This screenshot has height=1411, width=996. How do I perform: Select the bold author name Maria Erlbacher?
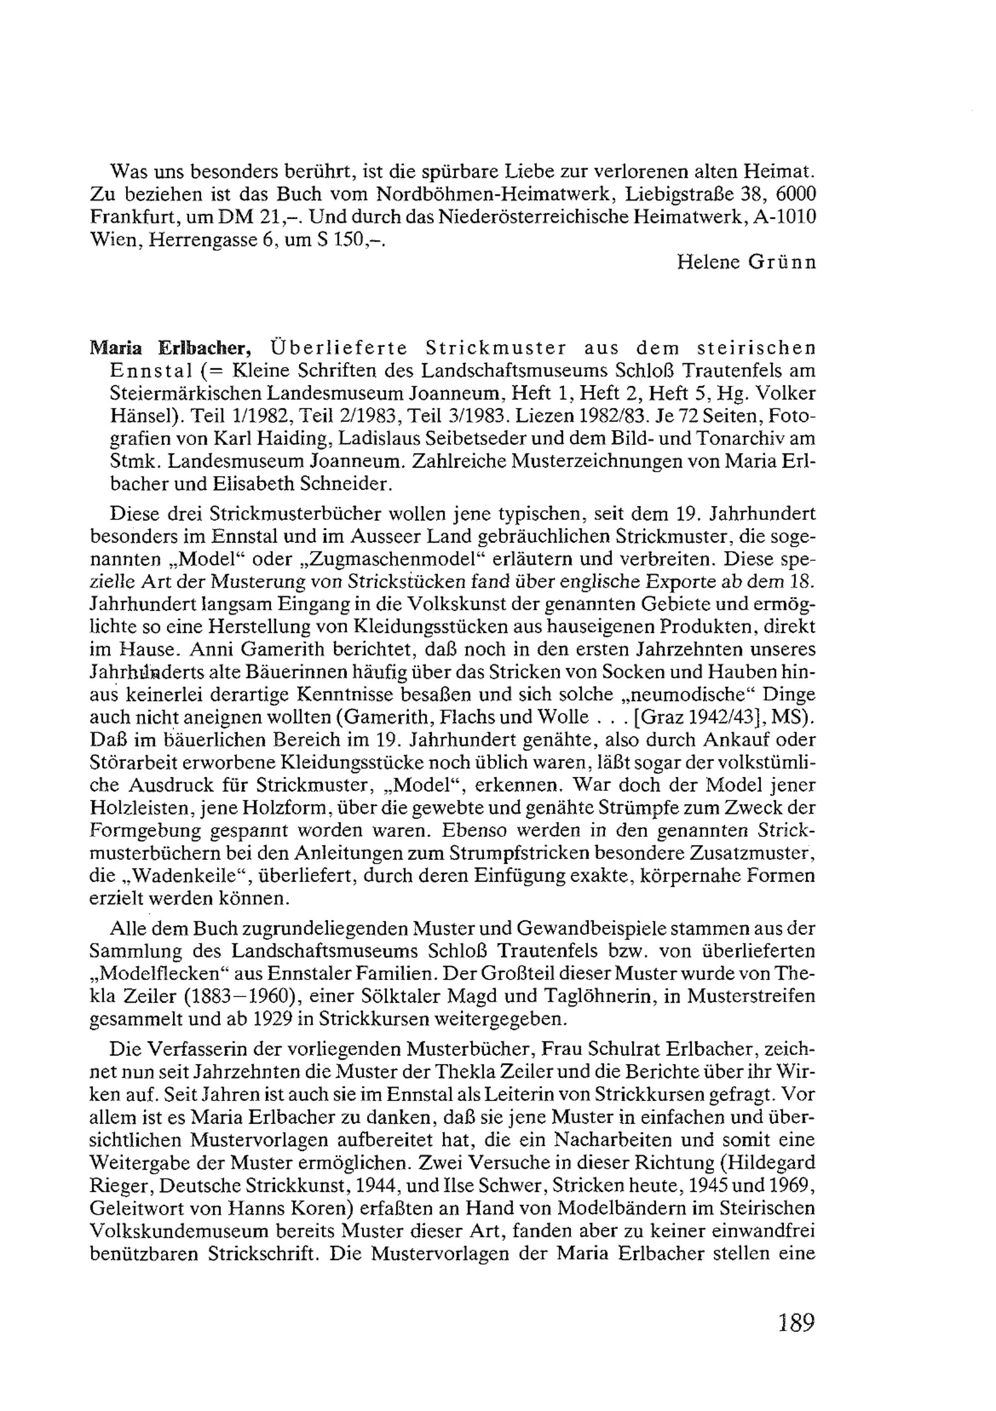pyautogui.click(x=170, y=349)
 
